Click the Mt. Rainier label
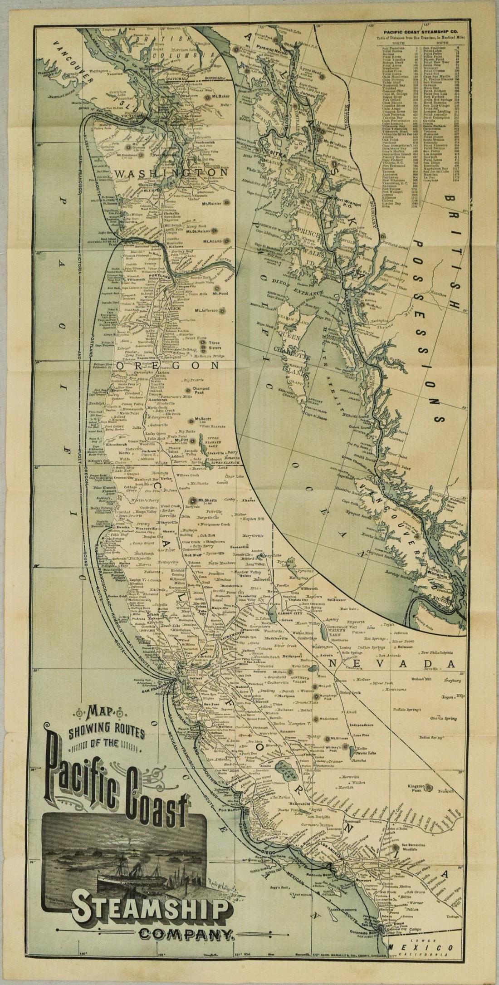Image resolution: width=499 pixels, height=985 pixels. (211, 204)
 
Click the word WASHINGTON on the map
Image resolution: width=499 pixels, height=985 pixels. (171, 173)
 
